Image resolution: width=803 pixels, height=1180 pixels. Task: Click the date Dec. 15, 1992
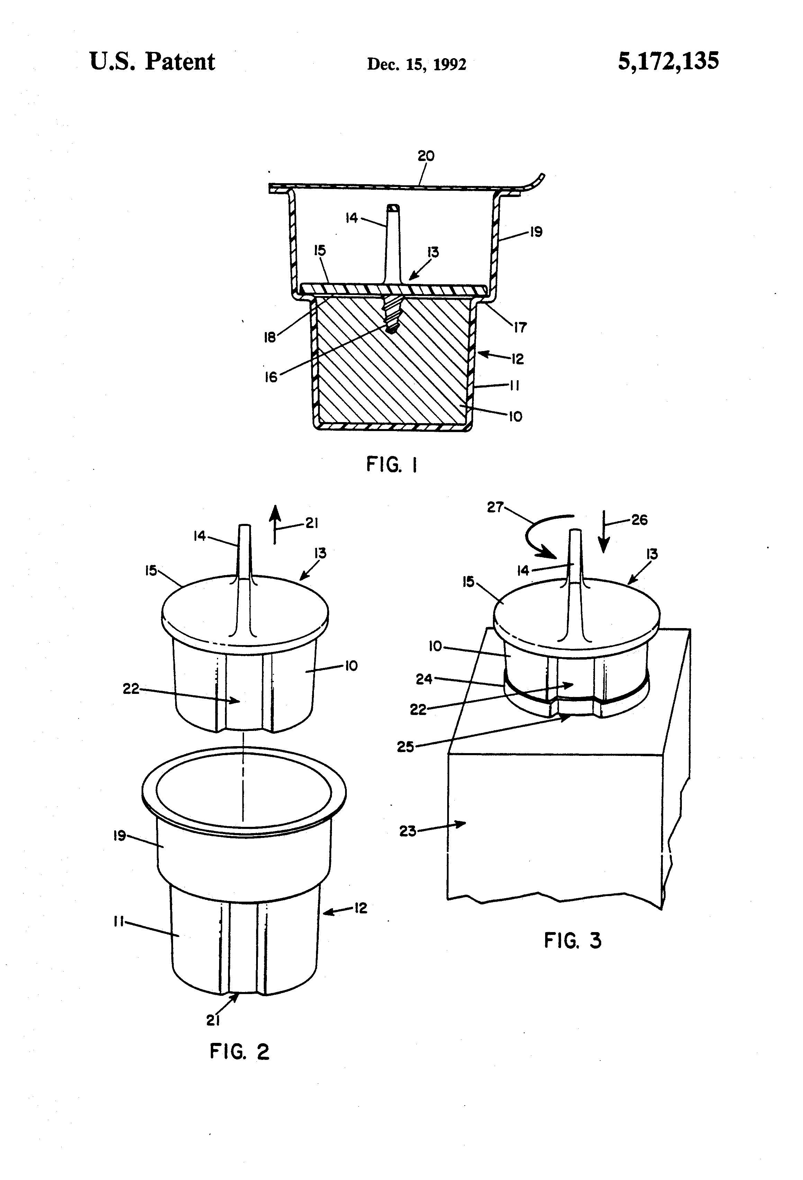point(416,64)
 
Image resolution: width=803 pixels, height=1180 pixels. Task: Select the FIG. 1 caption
point(392,465)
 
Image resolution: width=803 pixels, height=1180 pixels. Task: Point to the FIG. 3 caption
point(572,940)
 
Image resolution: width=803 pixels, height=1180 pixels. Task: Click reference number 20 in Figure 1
point(426,156)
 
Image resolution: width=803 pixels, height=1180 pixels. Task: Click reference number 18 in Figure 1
point(270,337)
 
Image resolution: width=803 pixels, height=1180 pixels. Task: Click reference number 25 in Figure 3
point(405,747)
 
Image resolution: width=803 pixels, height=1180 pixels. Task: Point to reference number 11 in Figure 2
point(118,922)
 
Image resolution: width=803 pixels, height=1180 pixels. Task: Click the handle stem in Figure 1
point(393,239)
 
